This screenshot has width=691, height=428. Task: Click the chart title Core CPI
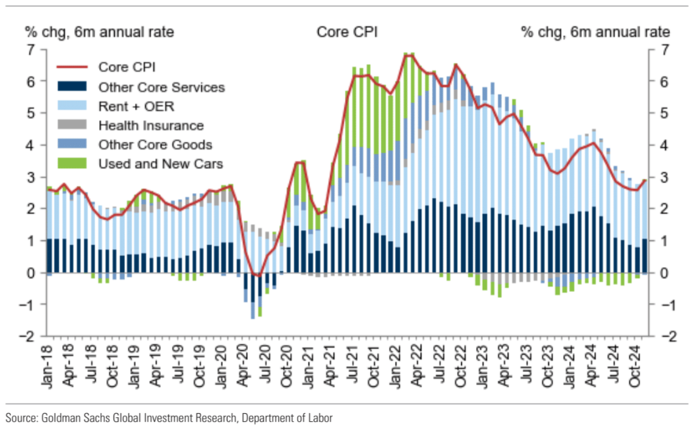coord(347,32)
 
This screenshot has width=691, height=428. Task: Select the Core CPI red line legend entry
coord(127,67)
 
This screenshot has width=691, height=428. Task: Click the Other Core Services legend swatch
coord(71,87)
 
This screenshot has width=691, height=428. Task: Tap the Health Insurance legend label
coord(151,125)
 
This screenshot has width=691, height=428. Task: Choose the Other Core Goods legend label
coord(155,144)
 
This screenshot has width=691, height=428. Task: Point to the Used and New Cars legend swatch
coord(71,164)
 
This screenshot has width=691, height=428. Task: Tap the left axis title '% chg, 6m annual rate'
coord(99,32)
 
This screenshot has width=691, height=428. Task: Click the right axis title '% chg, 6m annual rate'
coord(596,32)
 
